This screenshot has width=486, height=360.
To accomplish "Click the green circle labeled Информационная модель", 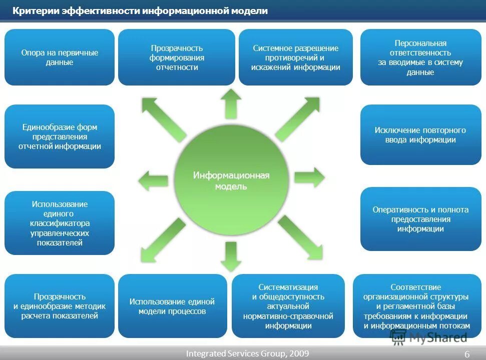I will coord(231,180).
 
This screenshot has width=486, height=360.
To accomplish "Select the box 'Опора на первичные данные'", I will coord(60,57).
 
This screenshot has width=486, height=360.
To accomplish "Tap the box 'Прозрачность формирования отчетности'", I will coord(177,57).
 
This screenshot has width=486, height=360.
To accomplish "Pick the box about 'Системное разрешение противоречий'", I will coord(295,57).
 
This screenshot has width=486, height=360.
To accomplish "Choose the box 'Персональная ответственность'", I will coord(420,57).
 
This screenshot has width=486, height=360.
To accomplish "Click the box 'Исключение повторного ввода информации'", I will coord(420,135).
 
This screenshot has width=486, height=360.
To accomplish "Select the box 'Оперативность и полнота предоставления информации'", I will coord(420,219).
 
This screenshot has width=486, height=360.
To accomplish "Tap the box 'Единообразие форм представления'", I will coord(60,136).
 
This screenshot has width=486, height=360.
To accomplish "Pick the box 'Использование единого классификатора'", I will coord(60,223).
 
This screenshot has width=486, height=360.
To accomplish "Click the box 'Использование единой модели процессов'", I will coord(172,306).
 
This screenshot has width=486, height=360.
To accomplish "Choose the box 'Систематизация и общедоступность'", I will coord(288,306).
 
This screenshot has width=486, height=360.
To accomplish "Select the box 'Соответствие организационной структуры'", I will coord(416,306).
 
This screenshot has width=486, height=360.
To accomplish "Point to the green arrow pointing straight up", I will coord(231,103).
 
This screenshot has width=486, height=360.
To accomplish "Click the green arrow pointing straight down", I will coord(231,256).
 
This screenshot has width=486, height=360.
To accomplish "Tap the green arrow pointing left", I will coord(153,180).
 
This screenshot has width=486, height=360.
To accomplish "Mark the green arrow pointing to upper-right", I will coord(298,118).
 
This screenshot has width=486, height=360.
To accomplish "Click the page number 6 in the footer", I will coord(467,354).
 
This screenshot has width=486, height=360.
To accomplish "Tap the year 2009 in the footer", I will coord(299,353).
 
